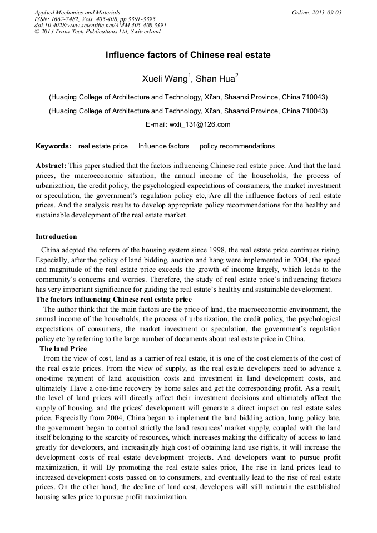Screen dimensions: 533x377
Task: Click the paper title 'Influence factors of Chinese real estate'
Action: [x=188, y=55]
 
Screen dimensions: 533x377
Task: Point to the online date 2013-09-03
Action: [x=328, y=12]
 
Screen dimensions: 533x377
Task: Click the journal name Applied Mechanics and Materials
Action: [x=77, y=12]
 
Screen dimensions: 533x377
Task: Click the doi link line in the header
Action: [x=100, y=25]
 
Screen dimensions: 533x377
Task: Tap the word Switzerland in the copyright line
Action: [x=142, y=32]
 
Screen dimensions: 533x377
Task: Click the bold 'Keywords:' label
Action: [x=53, y=146]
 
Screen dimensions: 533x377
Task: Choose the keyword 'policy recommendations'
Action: [x=237, y=146]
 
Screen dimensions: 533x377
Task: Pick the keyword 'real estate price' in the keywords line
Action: [x=103, y=146]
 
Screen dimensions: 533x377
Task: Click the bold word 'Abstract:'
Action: [x=51, y=166]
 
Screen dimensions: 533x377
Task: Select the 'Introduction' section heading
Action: [x=56, y=237]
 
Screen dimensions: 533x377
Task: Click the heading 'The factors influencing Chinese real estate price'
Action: [x=113, y=300]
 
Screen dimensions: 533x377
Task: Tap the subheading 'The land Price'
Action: [x=63, y=348]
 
